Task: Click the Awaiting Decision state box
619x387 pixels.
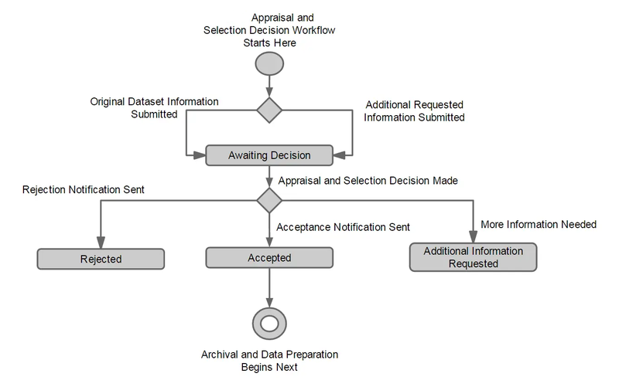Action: pyautogui.click(x=268, y=155)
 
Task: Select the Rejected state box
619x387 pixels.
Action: pyautogui.click(x=101, y=258)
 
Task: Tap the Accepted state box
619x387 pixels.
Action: pyautogui.click(x=268, y=258)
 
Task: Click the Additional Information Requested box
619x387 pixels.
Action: pyautogui.click(x=473, y=257)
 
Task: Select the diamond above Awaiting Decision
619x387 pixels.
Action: pyautogui.click(x=268, y=110)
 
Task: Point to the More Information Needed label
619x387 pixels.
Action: pyautogui.click(x=539, y=225)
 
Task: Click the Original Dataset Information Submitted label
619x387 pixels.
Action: pyautogui.click(x=154, y=107)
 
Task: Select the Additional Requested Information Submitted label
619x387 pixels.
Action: pyautogui.click(x=415, y=112)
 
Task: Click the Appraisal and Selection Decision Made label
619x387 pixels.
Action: pyautogui.click(x=368, y=181)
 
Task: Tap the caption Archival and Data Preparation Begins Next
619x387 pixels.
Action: pyautogui.click(x=268, y=361)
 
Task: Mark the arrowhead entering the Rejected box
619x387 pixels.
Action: pyautogui.click(x=101, y=242)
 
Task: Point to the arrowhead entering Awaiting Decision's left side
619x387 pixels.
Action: pyautogui.click(x=199, y=155)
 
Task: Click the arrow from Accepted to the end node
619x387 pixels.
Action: pyautogui.click(x=268, y=286)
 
